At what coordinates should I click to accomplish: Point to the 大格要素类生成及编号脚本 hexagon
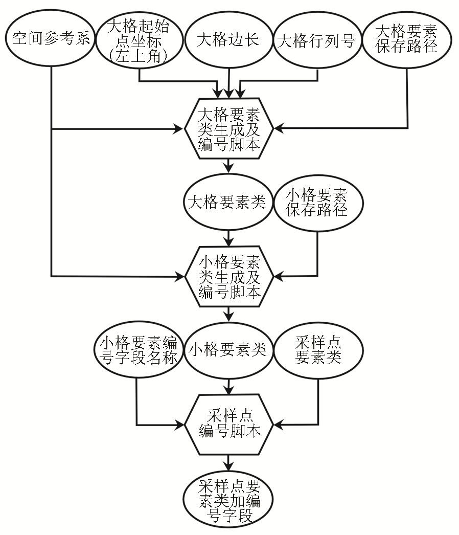coord(229,128)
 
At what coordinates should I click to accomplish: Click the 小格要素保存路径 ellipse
coord(317,203)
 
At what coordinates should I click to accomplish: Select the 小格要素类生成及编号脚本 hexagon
coord(229,277)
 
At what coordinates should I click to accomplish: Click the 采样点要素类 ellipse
coord(318,351)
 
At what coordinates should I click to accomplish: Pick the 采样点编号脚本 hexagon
coord(229,424)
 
